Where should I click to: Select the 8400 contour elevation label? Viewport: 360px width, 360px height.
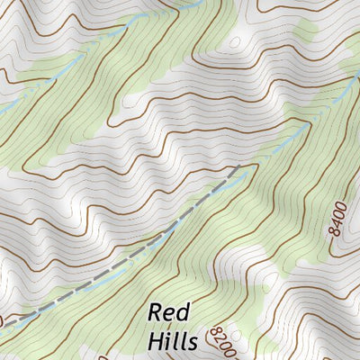pos(337,219)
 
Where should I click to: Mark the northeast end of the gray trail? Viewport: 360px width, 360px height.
pos(238,166)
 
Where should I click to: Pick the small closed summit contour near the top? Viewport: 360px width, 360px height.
pos(236,41)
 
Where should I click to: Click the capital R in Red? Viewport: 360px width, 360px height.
pos(155,312)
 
